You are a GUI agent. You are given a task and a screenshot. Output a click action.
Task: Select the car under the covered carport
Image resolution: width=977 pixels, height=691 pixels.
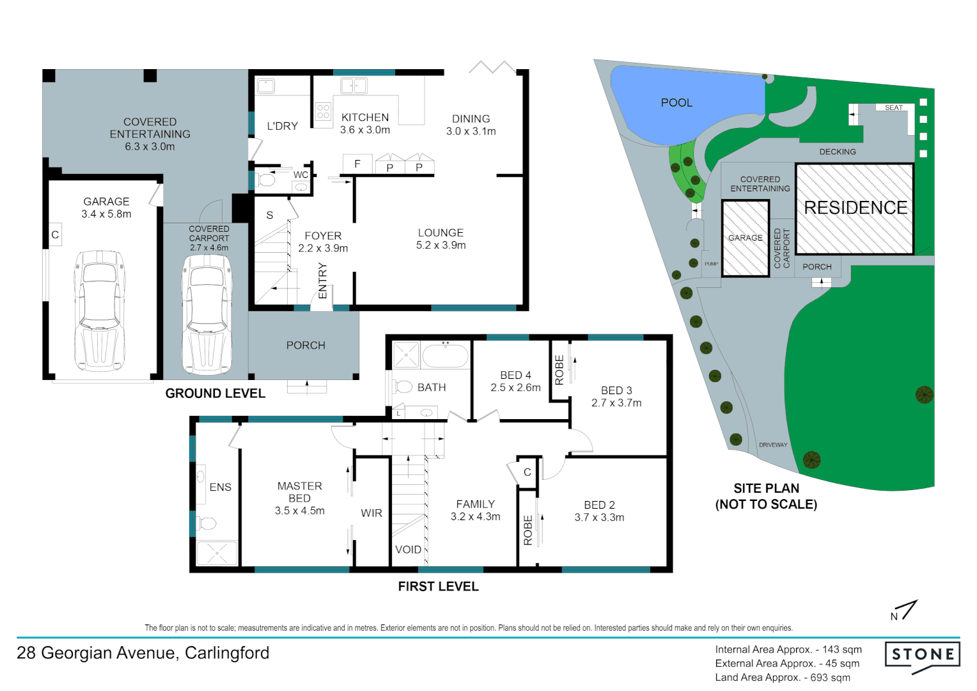click(207, 314)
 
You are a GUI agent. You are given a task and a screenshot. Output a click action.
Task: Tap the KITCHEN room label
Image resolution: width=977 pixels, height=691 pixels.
click(365, 118)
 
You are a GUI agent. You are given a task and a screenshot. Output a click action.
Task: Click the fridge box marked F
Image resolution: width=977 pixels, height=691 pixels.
click(357, 164)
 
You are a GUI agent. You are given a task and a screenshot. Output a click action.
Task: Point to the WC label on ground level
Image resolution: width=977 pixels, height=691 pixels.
click(301, 175)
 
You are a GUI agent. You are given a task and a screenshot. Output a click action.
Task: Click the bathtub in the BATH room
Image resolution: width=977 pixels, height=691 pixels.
click(445, 356)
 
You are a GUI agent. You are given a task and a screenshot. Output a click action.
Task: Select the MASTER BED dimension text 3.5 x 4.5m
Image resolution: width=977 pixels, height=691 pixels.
click(299, 511)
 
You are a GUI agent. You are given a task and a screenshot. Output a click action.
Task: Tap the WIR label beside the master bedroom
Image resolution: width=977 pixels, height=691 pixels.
click(371, 513)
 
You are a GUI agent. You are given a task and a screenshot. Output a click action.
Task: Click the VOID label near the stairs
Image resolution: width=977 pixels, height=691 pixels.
click(408, 550)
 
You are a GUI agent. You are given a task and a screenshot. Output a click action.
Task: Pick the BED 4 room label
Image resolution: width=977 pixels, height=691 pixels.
click(515, 376)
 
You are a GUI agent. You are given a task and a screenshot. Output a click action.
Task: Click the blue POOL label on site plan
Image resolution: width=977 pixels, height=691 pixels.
click(676, 103)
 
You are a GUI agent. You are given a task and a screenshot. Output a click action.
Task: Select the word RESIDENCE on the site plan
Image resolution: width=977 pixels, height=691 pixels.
click(856, 208)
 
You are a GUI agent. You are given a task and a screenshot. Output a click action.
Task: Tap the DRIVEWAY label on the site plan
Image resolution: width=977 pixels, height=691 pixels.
click(773, 445)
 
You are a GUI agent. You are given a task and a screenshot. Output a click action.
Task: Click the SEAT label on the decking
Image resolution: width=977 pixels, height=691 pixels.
click(893, 107)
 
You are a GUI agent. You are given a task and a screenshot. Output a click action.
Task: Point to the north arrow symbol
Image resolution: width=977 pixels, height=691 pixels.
click(905, 610)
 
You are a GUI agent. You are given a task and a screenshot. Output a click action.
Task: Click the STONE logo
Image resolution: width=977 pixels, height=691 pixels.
click(923, 655)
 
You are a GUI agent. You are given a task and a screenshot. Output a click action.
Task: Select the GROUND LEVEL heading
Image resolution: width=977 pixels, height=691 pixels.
click(215, 393)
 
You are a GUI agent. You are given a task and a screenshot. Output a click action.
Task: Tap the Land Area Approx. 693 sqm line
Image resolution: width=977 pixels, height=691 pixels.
click(783, 678)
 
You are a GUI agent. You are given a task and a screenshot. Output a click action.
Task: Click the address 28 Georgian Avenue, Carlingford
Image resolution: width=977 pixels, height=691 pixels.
click(143, 653)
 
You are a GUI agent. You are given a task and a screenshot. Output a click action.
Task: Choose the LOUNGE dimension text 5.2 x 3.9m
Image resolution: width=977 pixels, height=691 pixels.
click(441, 246)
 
